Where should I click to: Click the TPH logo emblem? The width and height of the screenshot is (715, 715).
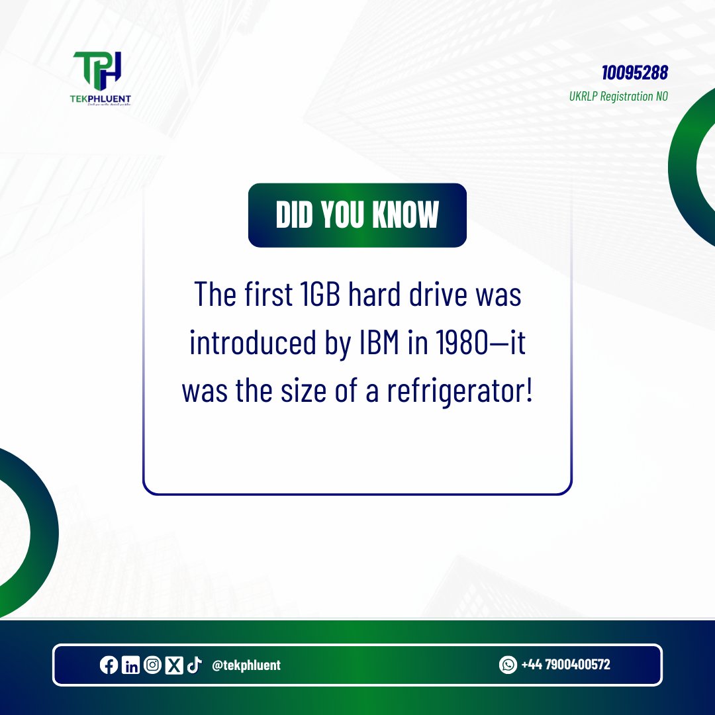tap(101, 70)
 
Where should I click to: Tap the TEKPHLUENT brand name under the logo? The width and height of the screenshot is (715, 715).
tap(102, 99)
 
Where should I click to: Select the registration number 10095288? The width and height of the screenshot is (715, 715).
tap(634, 72)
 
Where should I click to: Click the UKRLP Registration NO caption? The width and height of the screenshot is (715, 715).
tap(618, 96)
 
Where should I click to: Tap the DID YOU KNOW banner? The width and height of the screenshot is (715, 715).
tap(358, 215)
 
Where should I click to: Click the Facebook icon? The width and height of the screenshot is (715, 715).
tap(109, 665)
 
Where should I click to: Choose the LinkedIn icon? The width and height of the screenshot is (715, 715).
tap(130, 665)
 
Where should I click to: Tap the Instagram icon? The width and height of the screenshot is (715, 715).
tap(152, 665)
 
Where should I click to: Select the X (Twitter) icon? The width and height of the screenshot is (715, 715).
tap(173, 665)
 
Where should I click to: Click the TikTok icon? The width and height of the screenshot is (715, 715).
tap(194, 665)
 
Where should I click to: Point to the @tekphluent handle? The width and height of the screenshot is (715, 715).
tap(246, 665)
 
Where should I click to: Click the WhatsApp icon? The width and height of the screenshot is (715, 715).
tap(508, 665)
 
